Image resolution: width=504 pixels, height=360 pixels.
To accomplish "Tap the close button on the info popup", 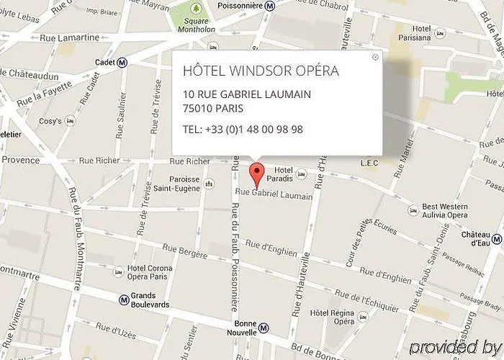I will pyautogui.click(x=375, y=57).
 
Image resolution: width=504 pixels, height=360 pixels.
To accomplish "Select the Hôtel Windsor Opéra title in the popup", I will pyautogui.click(x=261, y=71).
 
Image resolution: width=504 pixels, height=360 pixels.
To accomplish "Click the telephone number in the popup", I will pyautogui.click(x=243, y=130).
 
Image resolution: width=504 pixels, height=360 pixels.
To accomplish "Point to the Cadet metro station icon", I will pyautogui.click(x=122, y=63).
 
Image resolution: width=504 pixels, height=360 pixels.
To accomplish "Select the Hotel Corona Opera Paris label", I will pyautogui.click(x=153, y=272).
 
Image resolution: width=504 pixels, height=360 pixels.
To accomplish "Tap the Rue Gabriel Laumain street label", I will pyautogui.click(x=274, y=194).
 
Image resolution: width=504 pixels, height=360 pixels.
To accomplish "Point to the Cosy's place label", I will pyautogui.click(x=50, y=121).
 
